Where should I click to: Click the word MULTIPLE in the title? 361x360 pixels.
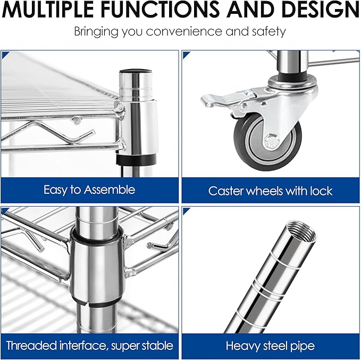(x=48, y=10)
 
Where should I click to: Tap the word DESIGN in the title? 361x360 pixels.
(x=320, y=10)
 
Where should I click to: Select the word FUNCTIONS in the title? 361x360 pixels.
(x=160, y=10)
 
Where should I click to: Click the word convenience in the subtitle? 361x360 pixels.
(x=184, y=31)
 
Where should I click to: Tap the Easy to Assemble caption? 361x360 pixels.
(x=89, y=190)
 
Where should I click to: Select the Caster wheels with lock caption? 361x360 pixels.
(x=270, y=191)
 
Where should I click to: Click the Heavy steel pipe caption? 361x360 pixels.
(x=270, y=346)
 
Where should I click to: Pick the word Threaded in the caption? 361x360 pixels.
(x=32, y=346)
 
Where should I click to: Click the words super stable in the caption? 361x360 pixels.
(x=142, y=346)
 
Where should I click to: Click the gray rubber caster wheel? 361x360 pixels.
(x=267, y=141)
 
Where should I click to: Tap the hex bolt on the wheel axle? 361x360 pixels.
(x=272, y=140)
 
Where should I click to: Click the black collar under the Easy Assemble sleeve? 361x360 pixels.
(x=136, y=160)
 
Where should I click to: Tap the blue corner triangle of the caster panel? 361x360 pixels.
(x=186, y=55)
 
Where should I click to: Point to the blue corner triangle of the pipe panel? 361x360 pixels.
(x=186, y=211)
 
